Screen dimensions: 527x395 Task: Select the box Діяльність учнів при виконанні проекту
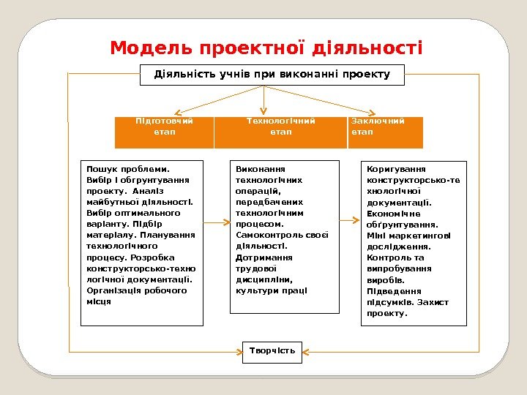tap(272, 75)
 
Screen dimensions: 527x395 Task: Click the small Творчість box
tap(272, 351)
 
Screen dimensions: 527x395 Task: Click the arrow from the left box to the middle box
tap(216, 220)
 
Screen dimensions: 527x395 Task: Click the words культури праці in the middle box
tap(272, 290)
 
